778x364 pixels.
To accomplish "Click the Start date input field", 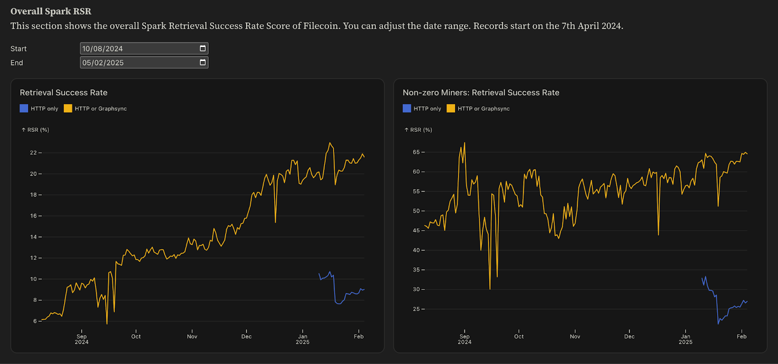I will (x=139, y=49).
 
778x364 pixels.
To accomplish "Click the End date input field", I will (x=139, y=63).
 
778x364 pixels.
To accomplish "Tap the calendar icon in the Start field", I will (x=203, y=48).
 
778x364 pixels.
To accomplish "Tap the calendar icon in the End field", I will (x=203, y=62).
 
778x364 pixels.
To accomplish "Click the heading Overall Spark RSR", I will (x=51, y=11).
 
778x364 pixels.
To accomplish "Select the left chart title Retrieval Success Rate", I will (x=64, y=92).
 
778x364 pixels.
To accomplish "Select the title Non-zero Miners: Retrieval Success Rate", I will (x=481, y=92).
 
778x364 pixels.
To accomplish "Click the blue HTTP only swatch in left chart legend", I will (x=24, y=108).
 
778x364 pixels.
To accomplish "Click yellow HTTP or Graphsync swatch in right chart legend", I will (x=451, y=108).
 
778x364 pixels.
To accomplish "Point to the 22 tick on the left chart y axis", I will (x=34, y=153).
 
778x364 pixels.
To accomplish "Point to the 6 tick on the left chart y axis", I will (x=35, y=321).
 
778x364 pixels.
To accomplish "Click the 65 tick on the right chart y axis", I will (x=416, y=152).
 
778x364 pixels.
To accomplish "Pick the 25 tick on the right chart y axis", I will (x=416, y=309).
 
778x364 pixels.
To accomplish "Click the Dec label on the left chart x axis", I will (x=247, y=336).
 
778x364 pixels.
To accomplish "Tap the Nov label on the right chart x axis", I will (x=575, y=336).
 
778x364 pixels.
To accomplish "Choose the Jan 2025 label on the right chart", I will (x=686, y=339).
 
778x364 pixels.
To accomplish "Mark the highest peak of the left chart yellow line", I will (x=330, y=143).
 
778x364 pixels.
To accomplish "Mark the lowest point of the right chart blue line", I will (x=718, y=324).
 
